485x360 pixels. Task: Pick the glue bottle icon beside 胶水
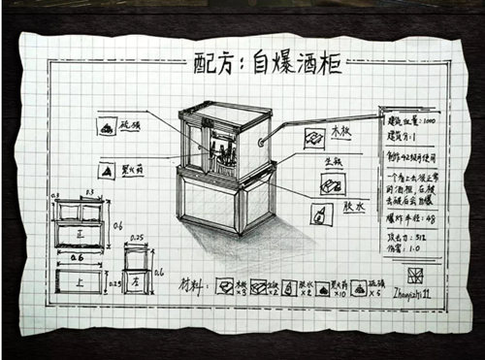coord(320,213)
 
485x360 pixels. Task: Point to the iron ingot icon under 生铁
coord(332,183)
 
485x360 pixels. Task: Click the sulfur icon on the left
coord(107,126)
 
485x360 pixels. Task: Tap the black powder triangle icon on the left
coord(106,171)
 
